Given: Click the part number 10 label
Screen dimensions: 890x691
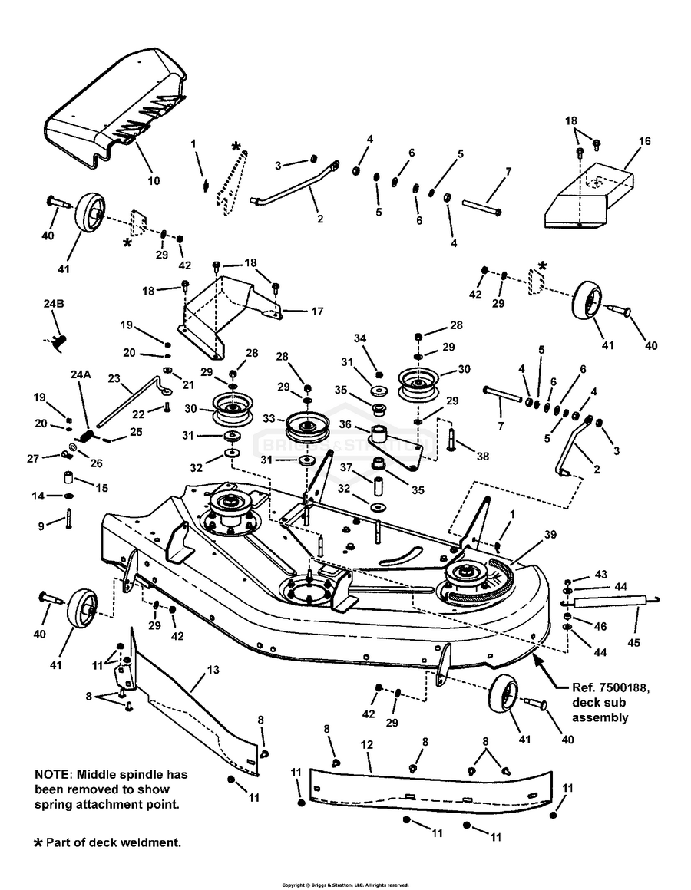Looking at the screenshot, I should pos(154,181).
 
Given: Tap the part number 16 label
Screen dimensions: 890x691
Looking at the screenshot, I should pos(643,141).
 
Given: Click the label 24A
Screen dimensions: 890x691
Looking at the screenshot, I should pos(81,375).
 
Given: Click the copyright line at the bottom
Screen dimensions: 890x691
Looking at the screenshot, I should pos(345,885).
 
